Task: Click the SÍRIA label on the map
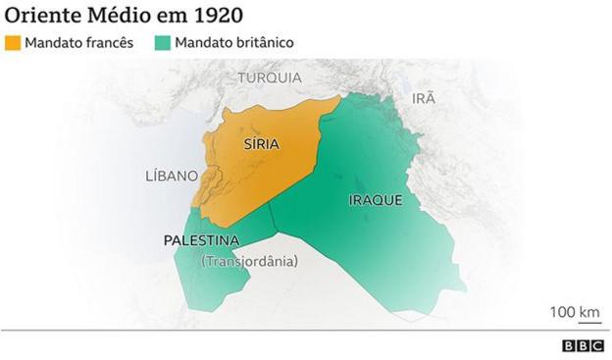tap(260, 143)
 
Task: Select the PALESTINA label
tap(201, 240)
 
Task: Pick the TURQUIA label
tap(269, 77)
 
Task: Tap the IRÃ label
tap(423, 97)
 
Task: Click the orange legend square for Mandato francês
tap(13, 43)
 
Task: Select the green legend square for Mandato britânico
tap(164, 43)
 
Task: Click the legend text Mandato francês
tap(79, 43)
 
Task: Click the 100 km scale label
tap(574, 312)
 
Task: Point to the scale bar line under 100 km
tap(574, 323)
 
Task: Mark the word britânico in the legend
tap(263, 43)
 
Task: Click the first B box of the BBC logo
tap(569, 345)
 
